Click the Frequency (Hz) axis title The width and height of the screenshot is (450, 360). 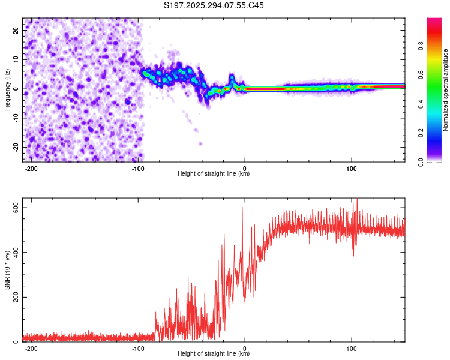pyautogui.click(x=7, y=89)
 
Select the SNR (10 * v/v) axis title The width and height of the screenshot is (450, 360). pyautogui.click(x=7, y=271)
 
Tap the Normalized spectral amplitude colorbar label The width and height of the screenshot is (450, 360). pyautogui.click(x=446, y=90)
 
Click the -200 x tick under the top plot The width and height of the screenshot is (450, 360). pyautogui.click(x=32, y=168)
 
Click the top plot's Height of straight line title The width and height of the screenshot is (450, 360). pyautogui.click(x=214, y=174)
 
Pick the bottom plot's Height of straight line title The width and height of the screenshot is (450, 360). pyautogui.click(x=214, y=355)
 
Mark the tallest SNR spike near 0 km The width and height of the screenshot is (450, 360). pyautogui.click(x=242, y=208)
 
